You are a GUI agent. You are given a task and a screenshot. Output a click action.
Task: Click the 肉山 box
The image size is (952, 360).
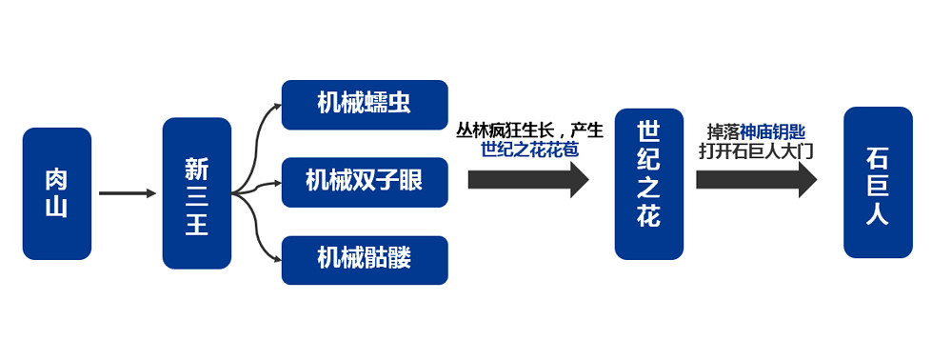point(57,193)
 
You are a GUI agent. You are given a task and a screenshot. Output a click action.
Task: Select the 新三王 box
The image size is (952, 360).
point(197,193)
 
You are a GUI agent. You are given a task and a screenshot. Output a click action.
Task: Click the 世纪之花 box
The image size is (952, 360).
point(648,184)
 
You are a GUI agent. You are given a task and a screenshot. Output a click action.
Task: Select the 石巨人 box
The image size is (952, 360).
point(878,182)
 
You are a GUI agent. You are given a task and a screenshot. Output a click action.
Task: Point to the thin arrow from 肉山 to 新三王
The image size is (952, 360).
point(127,193)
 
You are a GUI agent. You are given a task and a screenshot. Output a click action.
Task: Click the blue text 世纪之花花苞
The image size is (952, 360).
point(529,150)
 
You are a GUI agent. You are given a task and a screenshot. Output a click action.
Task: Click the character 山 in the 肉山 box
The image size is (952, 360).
point(57,207)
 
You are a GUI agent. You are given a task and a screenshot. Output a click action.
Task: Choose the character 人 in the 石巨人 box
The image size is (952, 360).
point(878,215)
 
